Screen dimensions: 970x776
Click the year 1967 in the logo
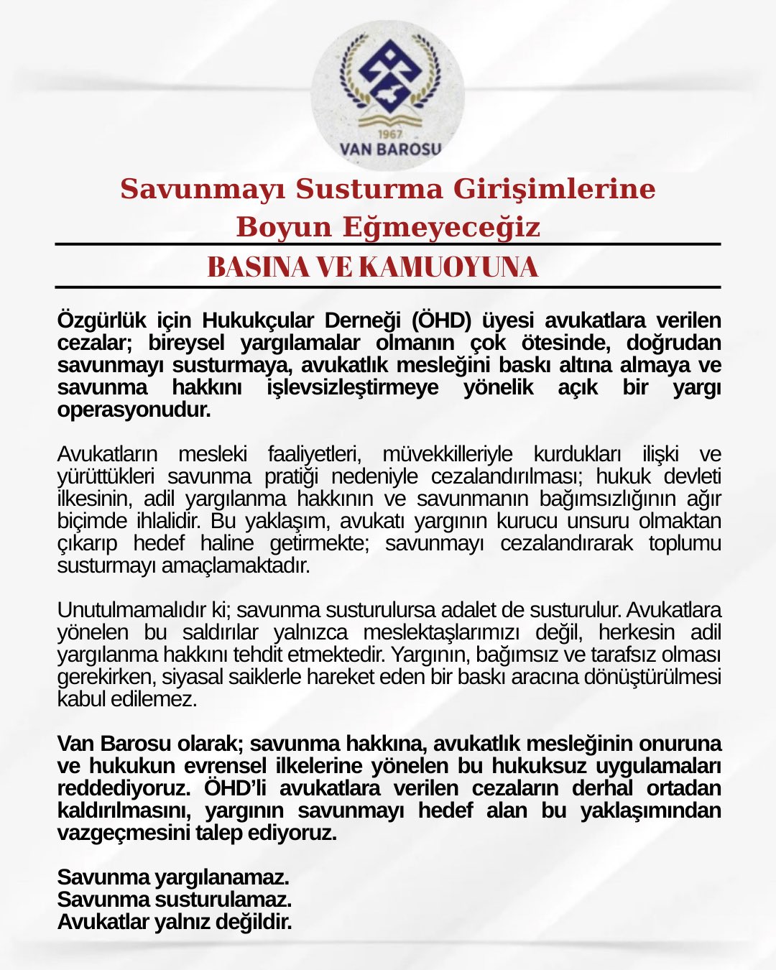(389, 134)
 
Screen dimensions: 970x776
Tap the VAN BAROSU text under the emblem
(390, 149)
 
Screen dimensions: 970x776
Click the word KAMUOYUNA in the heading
(448, 267)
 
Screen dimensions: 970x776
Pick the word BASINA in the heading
(249, 267)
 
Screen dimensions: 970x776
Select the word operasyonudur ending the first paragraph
(134, 410)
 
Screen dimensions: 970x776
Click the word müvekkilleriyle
(447, 454)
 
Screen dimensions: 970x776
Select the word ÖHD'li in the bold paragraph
(235, 788)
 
